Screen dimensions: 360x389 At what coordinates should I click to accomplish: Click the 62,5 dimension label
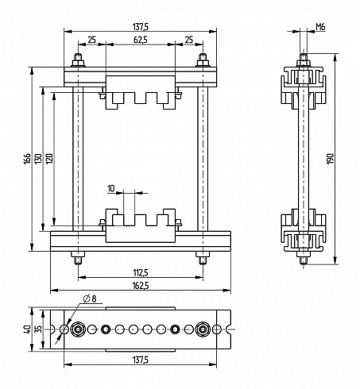pyautogui.click(x=141, y=40)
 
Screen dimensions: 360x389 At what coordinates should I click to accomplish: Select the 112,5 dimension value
pyautogui.click(x=141, y=272)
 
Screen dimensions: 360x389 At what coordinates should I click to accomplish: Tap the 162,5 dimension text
pyautogui.click(x=141, y=286)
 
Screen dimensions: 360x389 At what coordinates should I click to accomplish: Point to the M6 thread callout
pyautogui.click(x=320, y=27)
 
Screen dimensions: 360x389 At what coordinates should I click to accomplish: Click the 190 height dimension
pyautogui.click(x=331, y=159)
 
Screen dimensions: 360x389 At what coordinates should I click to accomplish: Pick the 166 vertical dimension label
pyautogui.click(x=27, y=159)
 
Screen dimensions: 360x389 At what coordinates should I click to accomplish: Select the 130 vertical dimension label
pyautogui.click(x=38, y=159)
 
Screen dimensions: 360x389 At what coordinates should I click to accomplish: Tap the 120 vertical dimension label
pyautogui.click(x=49, y=159)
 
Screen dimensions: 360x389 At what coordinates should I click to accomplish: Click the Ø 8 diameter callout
pyautogui.click(x=90, y=299)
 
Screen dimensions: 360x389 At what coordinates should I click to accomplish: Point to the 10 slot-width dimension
pyautogui.click(x=111, y=188)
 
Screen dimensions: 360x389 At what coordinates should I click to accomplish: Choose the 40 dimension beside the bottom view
pyautogui.click(x=27, y=329)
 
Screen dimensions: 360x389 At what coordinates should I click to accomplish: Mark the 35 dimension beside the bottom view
pyautogui.click(x=38, y=329)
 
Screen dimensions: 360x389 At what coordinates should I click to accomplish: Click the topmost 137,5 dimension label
pyautogui.click(x=141, y=27)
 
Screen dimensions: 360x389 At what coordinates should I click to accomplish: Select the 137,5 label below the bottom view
pyautogui.click(x=141, y=360)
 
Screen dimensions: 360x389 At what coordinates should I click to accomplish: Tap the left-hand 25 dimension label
pyautogui.click(x=91, y=40)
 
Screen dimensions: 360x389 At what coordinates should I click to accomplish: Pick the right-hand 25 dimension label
pyautogui.click(x=189, y=40)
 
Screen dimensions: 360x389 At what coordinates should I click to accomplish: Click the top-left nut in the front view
pyautogui.click(x=78, y=64)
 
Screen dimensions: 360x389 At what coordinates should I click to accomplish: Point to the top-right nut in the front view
pyautogui.click(x=203, y=64)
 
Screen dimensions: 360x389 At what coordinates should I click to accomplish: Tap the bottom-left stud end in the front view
pyautogui.click(x=78, y=260)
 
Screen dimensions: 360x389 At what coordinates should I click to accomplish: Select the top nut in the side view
pyautogui.click(x=304, y=64)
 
